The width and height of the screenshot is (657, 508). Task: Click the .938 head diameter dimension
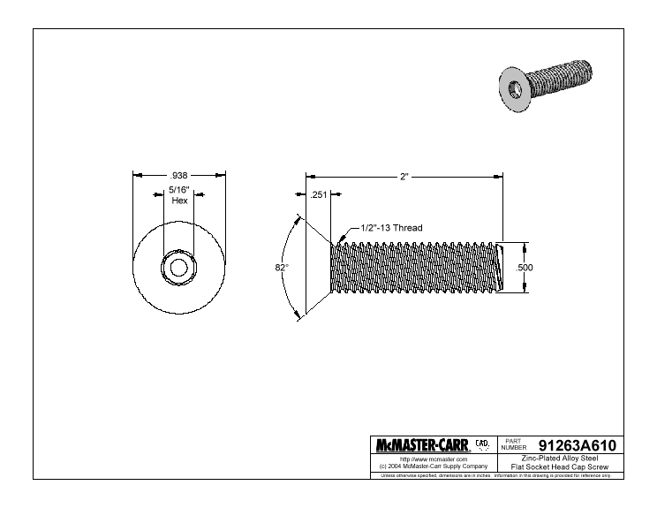pos(178,175)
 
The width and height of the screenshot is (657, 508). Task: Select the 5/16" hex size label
pos(179,189)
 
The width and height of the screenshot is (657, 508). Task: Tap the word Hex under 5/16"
pos(179,201)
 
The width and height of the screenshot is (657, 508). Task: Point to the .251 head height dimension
pos(319,194)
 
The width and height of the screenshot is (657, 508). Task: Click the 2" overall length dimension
pos(404,177)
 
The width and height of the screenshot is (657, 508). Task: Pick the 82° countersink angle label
pos(282,268)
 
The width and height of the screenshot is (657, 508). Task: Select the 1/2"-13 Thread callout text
pos(391,228)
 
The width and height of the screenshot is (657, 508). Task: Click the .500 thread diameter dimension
pos(525,268)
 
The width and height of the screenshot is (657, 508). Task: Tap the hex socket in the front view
pos(179,268)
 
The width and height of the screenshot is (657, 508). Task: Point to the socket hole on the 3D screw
pos(515,89)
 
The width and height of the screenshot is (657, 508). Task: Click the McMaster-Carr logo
pos(422,445)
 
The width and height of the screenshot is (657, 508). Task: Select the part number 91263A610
pos(577,445)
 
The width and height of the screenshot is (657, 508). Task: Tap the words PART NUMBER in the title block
pos(514,444)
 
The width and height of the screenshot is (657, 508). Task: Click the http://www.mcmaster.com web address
pos(434,459)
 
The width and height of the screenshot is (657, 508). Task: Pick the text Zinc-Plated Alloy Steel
pos(560,459)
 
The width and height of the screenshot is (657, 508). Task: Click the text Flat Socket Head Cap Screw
pos(560,467)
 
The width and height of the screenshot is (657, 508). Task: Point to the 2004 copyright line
pos(434,466)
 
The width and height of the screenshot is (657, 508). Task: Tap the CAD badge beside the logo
pos(482,444)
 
